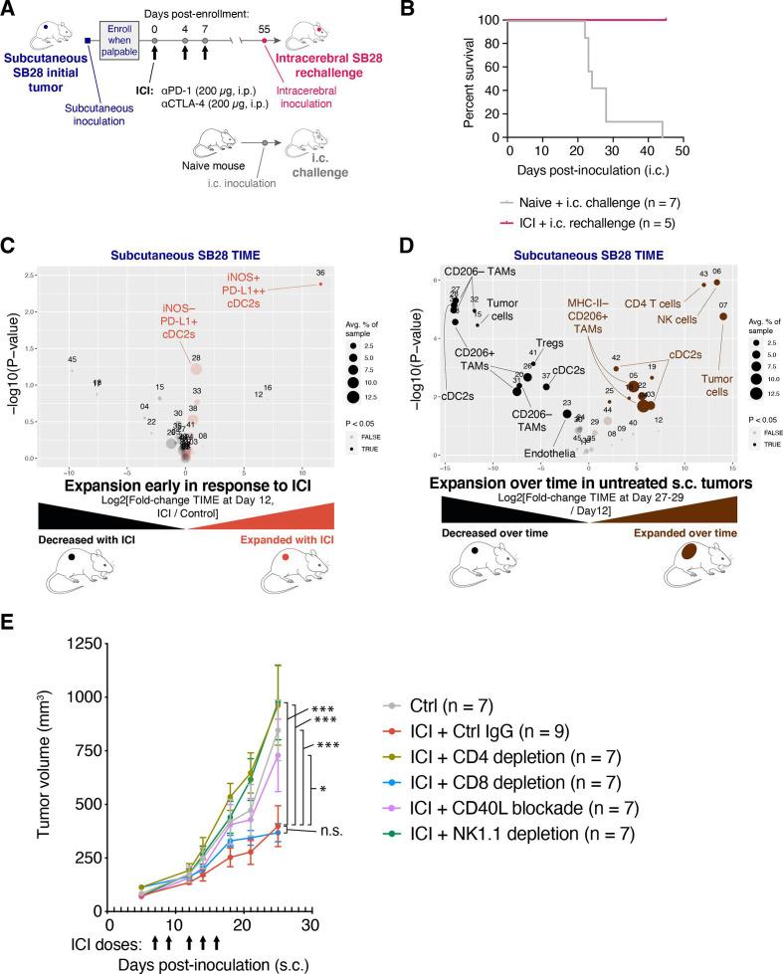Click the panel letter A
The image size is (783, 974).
[9, 9]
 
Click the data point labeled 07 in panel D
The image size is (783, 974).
[723, 316]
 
